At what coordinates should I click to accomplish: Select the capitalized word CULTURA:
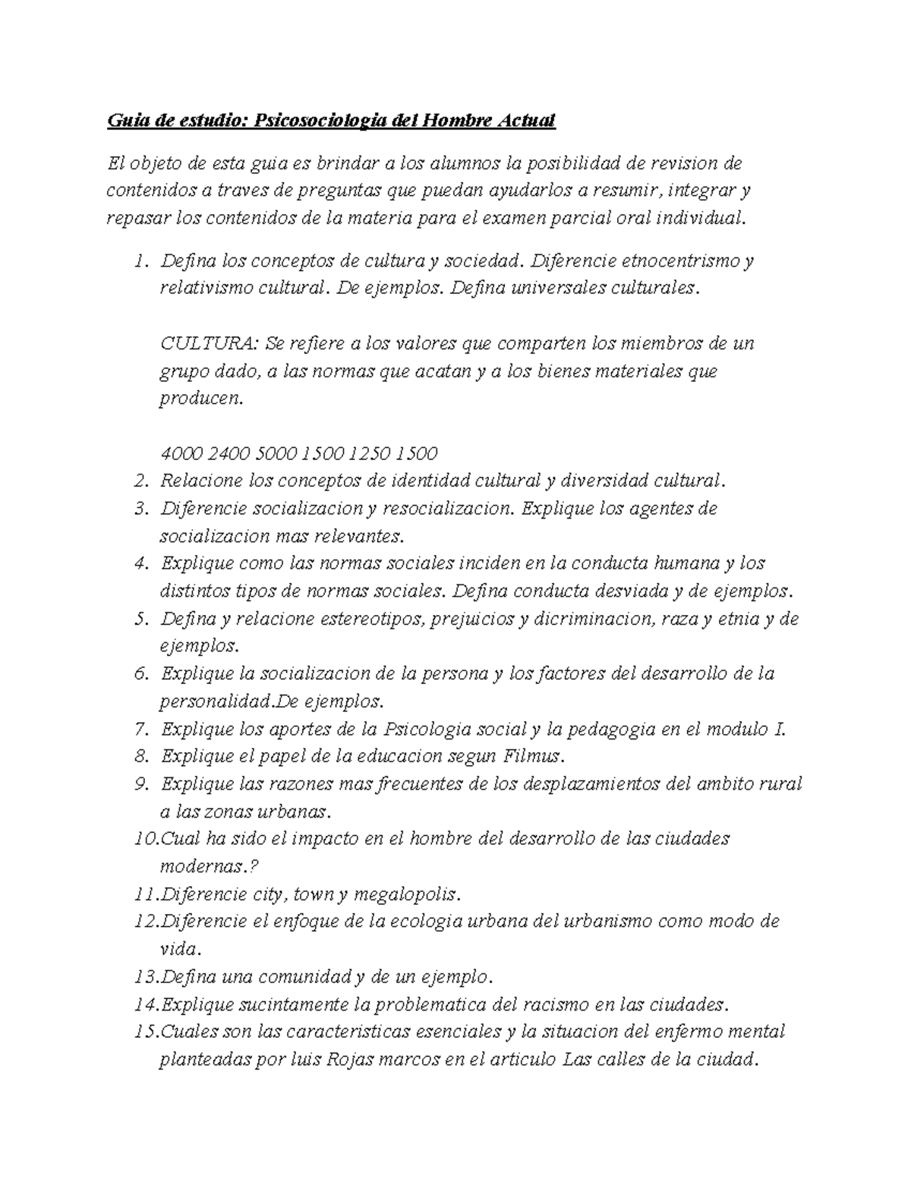[210, 343]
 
